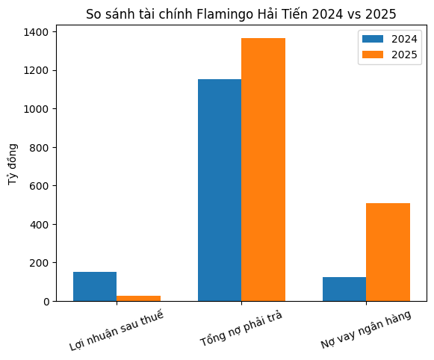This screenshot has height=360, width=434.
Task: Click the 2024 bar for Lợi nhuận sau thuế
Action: [x=95, y=287]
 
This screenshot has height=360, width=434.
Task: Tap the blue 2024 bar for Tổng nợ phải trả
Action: [x=220, y=190]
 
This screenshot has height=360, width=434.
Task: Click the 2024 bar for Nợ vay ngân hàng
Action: [x=344, y=289]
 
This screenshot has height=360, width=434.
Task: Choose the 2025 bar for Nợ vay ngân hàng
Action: [x=388, y=252]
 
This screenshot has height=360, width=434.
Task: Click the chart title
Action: [x=241, y=13]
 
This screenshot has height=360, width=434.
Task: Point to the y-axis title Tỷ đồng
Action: [x=13, y=164]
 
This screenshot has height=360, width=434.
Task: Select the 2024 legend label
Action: [x=404, y=38]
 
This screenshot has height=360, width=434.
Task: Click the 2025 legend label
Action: [x=404, y=54]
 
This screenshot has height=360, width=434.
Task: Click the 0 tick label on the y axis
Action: [x=48, y=302]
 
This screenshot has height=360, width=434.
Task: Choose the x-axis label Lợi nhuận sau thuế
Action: [x=116, y=330]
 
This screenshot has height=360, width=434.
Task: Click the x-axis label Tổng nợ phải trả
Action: [x=241, y=328]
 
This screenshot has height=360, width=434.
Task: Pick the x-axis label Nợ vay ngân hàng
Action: [x=366, y=329]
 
